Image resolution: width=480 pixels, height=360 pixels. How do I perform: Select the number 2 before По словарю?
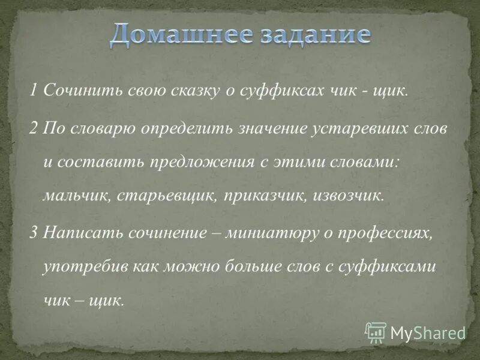pyautogui.click(x=34, y=130)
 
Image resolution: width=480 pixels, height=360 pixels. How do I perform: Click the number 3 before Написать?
pyautogui.click(x=34, y=232)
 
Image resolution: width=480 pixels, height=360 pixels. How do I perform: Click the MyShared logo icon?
pyautogui.click(x=376, y=332)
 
